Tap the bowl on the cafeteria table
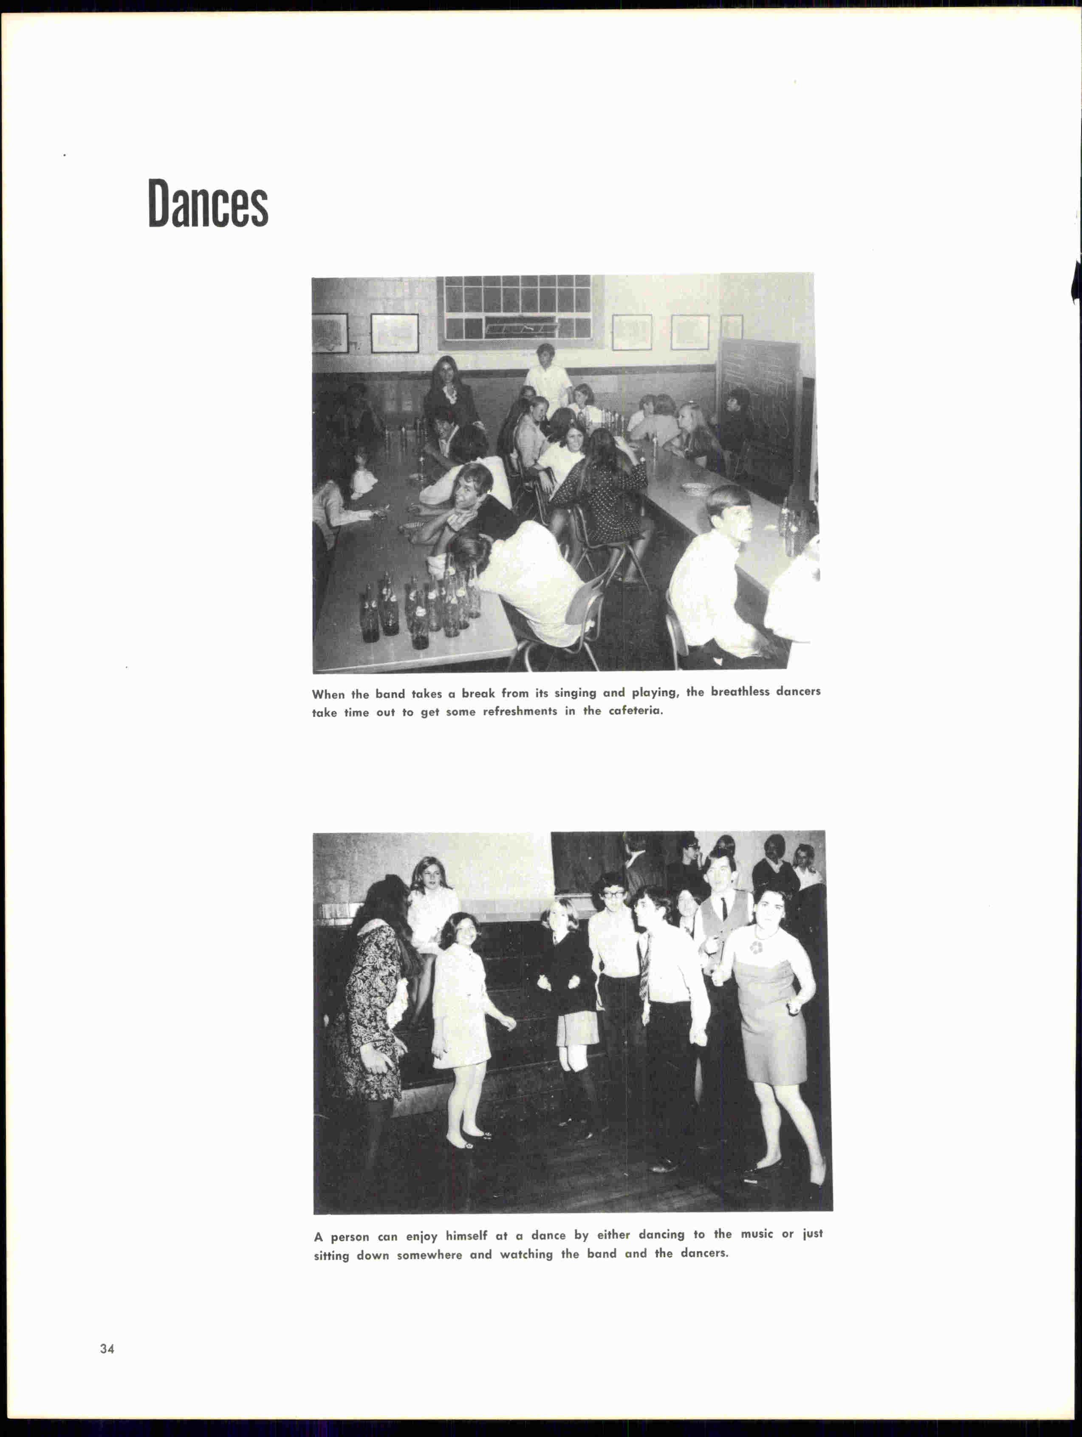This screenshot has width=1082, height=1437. tap(695, 487)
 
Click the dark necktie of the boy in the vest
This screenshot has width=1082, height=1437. tap(723, 908)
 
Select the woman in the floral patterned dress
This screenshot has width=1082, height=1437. tap(370, 994)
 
